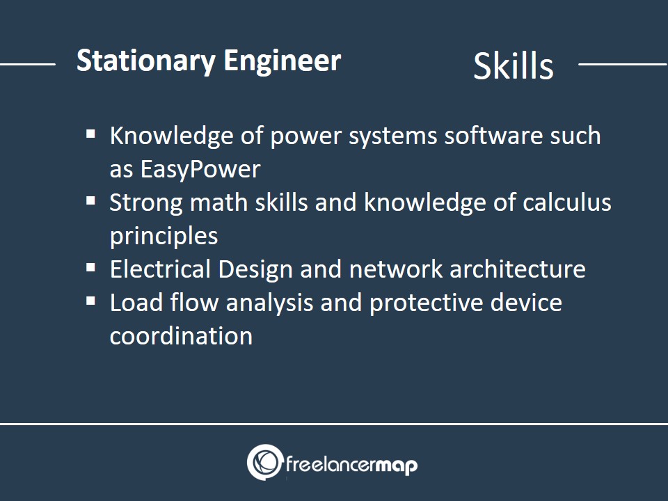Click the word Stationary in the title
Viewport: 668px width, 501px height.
coord(145,62)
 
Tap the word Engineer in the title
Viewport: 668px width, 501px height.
coord(282,62)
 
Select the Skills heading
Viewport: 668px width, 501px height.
coord(514,66)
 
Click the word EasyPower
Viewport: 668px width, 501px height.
coord(200,170)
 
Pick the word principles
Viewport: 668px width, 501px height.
coord(164,237)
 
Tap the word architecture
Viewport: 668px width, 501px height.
coord(517,269)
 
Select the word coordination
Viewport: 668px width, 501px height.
coord(181,336)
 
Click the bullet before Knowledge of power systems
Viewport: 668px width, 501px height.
coord(90,134)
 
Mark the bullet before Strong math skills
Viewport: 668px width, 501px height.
coord(90,200)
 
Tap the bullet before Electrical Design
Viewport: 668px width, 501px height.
coord(90,267)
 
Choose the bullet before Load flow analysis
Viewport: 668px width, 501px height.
coord(90,301)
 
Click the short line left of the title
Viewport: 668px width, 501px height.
coord(28,64)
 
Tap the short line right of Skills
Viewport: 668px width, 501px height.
coord(623,64)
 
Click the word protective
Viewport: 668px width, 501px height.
coord(426,303)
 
